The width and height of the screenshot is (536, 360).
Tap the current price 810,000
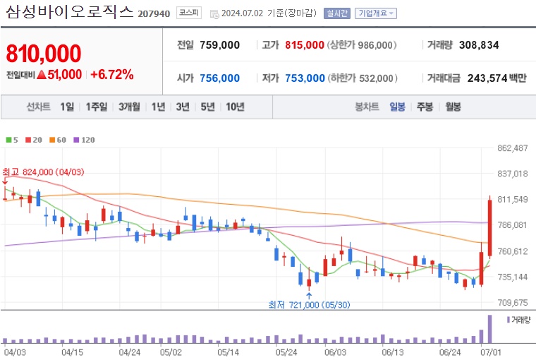[x=43, y=53]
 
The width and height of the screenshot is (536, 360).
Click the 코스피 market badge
[x=188, y=13]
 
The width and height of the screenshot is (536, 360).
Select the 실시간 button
[x=336, y=13]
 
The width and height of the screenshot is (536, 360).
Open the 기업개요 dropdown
[x=376, y=13]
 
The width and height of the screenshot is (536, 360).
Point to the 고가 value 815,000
[x=305, y=45]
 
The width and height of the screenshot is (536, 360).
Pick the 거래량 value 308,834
[x=478, y=45]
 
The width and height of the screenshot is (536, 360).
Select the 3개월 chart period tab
[x=130, y=107]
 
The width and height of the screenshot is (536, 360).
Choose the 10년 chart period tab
[x=234, y=107]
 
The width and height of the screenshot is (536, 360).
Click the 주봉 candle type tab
[x=424, y=107]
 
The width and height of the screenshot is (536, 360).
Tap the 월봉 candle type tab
[x=452, y=107]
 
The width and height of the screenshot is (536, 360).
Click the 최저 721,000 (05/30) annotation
[x=309, y=304]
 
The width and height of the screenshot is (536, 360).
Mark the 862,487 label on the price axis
[x=513, y=148]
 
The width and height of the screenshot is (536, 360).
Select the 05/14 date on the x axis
[x=228, y=351]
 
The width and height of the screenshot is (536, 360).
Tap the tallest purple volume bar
[x=489, y=327]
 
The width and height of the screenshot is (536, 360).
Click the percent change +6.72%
[x=112, y=74]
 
